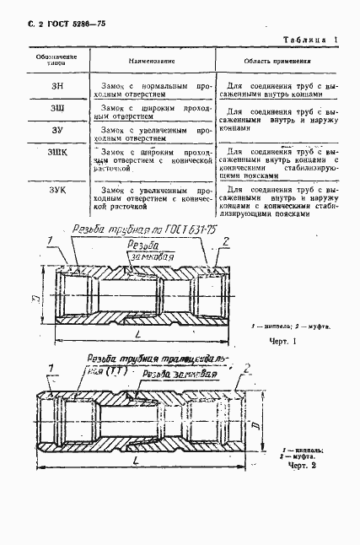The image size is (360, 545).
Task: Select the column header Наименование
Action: pyautogui.click(x=152, y=62)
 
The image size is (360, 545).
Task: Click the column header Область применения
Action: pyautogui.click(x=277, y=62)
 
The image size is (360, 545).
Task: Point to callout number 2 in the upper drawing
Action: pyautogui.click(x=226, y=241)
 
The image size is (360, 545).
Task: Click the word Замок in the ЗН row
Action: pyautogui.click(x=113, y=85)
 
